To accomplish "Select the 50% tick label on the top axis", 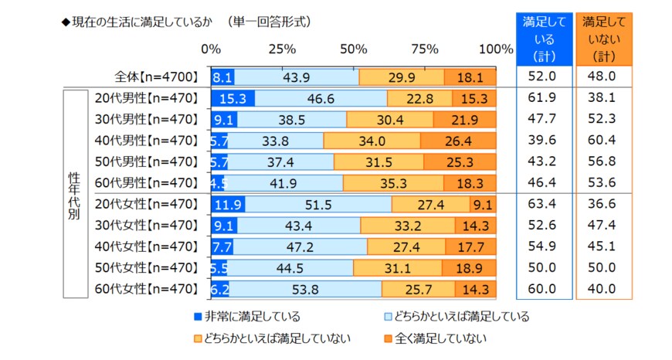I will (x=353, y=49).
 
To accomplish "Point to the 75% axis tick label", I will (x=425, y=49).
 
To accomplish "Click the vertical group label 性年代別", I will (x=75, y=193).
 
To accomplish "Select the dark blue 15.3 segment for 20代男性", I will (x=232, y=98).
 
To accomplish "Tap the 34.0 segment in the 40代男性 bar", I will (x=372, y=141).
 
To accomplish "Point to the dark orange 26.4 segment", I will (x=458, y=141).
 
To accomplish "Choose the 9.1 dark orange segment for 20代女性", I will (x=483, y=205).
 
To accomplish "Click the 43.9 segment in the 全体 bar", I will (x=297, y=77).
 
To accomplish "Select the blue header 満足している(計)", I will (x=544, y=38).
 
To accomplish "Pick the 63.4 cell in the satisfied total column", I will (x=544, y=205).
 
